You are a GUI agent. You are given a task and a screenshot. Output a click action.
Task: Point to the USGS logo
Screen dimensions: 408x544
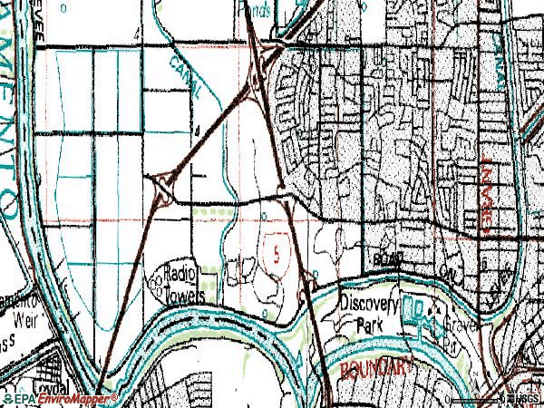[523, 399]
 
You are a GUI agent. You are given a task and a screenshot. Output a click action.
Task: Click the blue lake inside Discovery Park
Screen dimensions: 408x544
[418, 313]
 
